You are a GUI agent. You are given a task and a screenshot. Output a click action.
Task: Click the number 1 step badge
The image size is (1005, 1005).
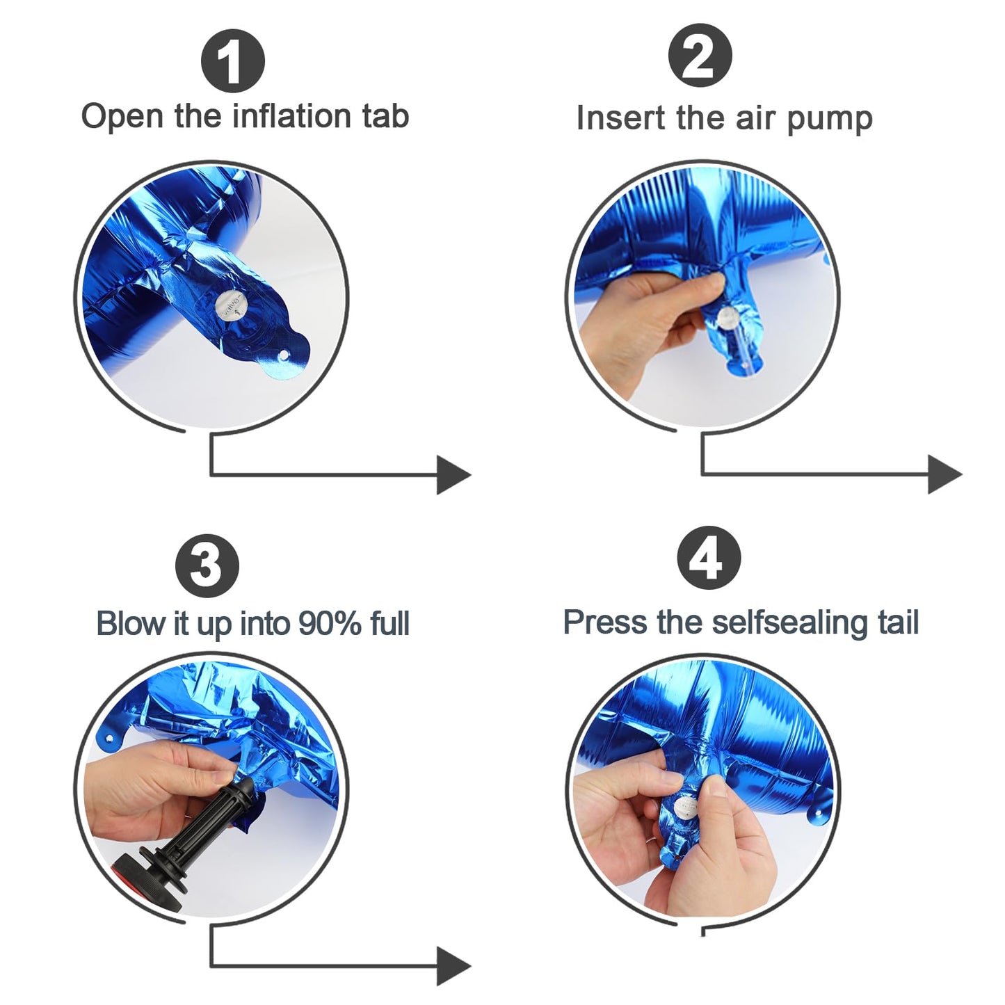click(x=233, y=61)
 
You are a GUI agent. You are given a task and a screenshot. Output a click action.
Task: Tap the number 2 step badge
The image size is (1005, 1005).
click(x=700, y=55)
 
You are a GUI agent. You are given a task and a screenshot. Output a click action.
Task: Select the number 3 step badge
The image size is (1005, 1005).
click(x=207, y=565)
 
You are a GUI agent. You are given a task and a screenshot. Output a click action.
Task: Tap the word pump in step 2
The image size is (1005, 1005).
click(x=829, y=120)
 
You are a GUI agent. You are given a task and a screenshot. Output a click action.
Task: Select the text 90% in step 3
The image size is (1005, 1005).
click(x=330, y=622)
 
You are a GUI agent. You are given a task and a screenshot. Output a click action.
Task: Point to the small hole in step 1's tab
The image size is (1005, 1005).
click(x=283, y=355)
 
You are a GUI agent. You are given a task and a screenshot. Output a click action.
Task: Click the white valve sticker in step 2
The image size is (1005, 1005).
click(x=727, y=318)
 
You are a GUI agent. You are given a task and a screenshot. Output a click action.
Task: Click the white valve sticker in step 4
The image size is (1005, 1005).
click(x=685, y=808)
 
